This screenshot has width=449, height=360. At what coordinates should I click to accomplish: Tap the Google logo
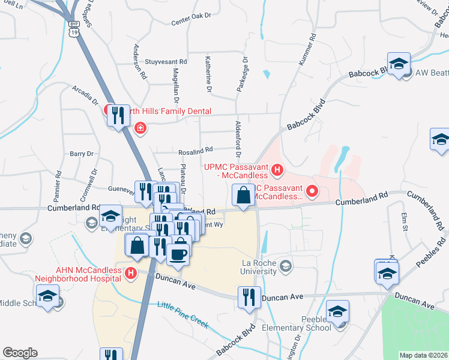20,353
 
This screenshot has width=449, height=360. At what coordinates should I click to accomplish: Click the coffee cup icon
178,254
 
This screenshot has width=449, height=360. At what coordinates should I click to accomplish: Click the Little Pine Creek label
182,314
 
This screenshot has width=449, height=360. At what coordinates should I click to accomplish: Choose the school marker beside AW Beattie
399,64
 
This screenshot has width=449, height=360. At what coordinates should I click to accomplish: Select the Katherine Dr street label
208,74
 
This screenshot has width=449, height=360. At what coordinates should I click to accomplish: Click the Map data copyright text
423,355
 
